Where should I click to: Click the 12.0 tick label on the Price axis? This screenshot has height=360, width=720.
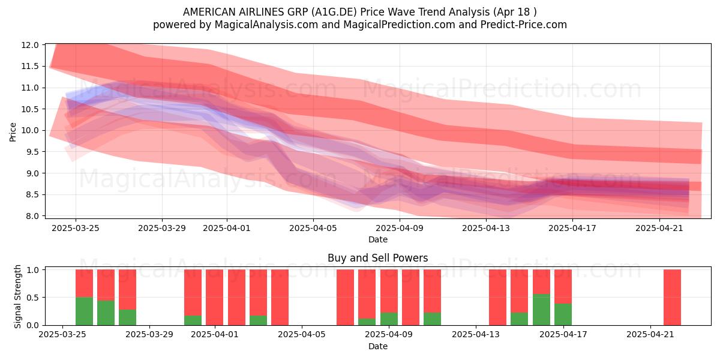pos(30,45)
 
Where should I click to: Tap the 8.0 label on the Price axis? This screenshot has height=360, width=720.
pos(32,216)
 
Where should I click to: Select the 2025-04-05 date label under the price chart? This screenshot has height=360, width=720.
pos(313,228)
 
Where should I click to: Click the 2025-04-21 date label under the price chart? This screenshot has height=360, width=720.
pos(659,228)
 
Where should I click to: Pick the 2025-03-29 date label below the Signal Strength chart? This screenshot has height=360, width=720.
pos(149,335)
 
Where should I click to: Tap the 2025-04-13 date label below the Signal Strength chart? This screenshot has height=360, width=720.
pos(476,335)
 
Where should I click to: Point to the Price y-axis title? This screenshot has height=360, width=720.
pos(13,132)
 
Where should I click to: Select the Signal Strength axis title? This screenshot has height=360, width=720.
pos(17,296)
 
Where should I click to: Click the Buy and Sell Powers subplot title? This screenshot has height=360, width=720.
pos(377,258)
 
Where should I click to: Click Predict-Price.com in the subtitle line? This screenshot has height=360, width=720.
pos(524,25)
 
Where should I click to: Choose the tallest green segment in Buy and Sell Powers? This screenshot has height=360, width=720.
pos(541,310)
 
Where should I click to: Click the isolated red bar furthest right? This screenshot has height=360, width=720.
pos(672,298)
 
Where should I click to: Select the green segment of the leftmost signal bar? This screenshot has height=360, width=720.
pos(84,311)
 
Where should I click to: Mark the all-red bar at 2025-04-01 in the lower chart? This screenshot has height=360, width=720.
pos(214,298)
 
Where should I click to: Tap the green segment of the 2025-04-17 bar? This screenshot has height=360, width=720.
pos(563,314)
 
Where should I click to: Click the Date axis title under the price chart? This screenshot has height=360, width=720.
pos(377,239)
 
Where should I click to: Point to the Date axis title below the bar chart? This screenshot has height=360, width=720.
pos(377,346)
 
